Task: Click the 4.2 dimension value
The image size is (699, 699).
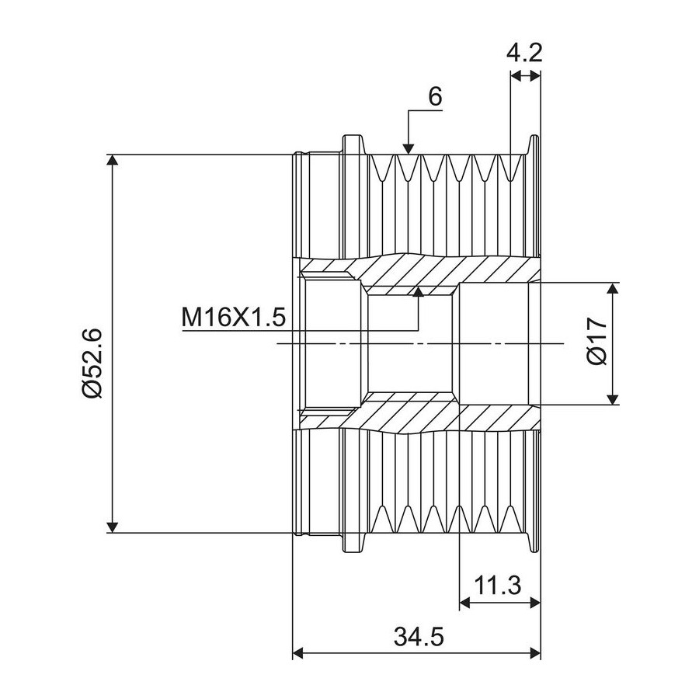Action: coord(524,53)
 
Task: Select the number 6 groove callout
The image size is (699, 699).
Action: coord(435,96)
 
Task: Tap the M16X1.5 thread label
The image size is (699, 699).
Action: coord(233,318)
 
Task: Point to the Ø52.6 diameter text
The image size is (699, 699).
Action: coord(92,363)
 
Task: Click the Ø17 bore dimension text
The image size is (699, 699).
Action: coord(598,342)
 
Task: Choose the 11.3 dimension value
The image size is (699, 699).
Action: coord(497,585)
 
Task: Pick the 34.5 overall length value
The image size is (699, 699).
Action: coord(419,636)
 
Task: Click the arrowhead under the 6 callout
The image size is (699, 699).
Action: coord(408,149)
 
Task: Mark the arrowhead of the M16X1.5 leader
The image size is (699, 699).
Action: coord(418,292)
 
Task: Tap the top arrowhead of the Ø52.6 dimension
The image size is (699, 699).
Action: coord(113,161)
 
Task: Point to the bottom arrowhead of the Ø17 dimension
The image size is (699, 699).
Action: coord(614,399)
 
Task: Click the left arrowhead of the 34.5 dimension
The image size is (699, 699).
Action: coord(298,653)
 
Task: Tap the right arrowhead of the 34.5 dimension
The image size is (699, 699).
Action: coord(534,653)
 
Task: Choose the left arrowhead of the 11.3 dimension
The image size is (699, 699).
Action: coord(465,603)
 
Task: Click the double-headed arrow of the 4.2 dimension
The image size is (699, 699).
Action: coord(525,76)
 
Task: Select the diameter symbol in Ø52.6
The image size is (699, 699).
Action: coord(92,388)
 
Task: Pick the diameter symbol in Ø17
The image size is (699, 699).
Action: coord(598,356)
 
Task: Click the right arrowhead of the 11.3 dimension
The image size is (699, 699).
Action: coord(534,603)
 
